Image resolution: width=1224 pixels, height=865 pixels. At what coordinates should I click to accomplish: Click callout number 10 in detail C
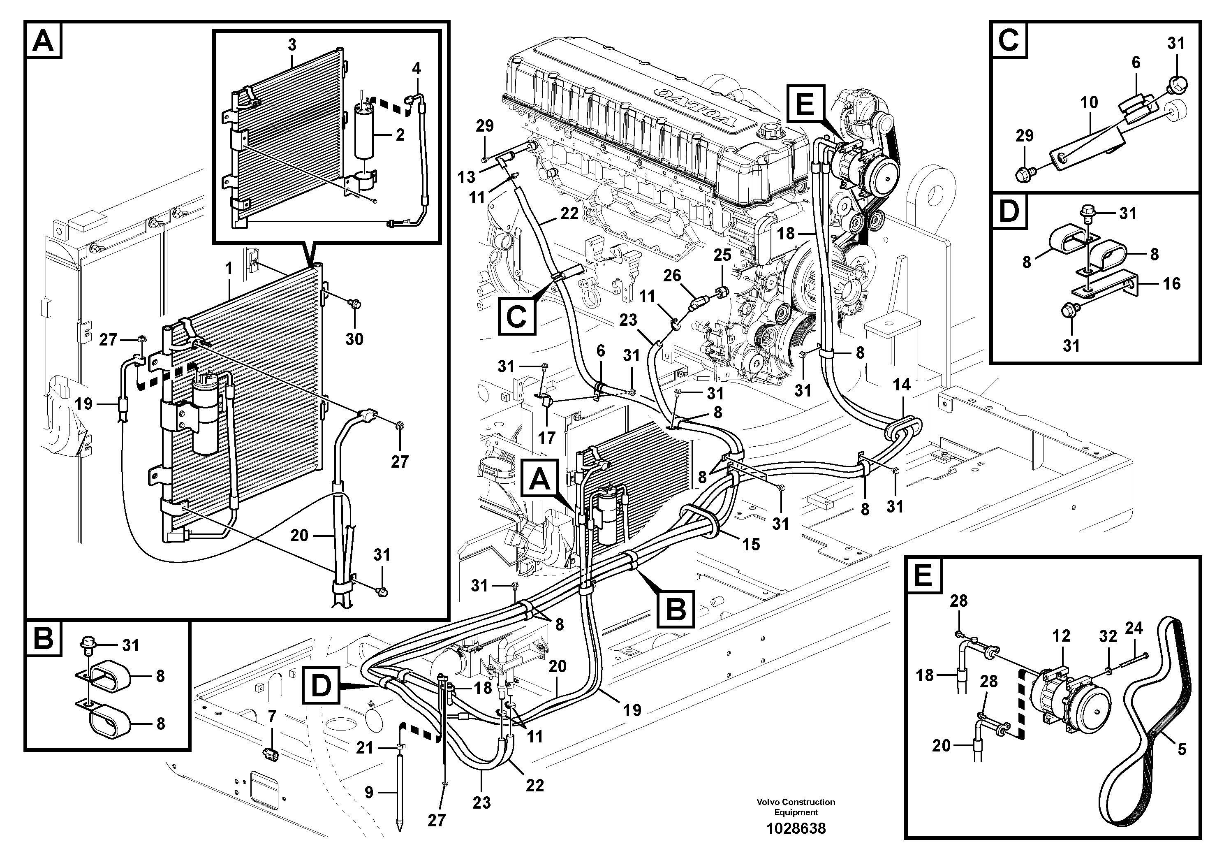tap(1089, 102)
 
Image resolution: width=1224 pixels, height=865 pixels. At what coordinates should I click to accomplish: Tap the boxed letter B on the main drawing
tap(676, 608)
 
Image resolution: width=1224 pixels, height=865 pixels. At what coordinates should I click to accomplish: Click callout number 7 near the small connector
tap(272, 717)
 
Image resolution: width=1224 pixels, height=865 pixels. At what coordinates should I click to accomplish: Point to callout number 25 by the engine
tap(722, 255)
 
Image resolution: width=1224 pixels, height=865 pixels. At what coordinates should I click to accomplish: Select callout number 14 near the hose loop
tap(902, 385)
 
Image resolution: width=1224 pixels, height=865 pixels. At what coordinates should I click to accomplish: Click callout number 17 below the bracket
tap(546, 438)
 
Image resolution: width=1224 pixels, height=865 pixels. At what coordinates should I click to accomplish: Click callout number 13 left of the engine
tap(467, 176)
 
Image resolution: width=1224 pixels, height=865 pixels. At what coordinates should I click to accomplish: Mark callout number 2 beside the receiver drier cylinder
tap(400, 135)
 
